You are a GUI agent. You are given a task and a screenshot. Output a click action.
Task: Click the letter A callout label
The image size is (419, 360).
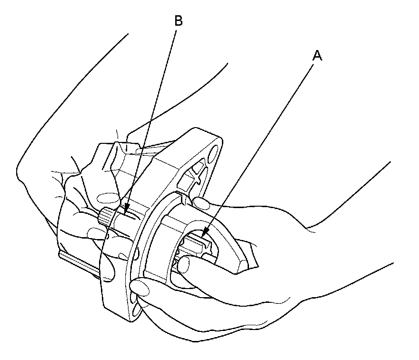317,56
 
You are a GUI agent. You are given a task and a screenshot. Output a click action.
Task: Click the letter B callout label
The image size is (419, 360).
178,20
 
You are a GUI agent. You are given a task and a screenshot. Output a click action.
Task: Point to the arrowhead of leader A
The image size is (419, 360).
204,234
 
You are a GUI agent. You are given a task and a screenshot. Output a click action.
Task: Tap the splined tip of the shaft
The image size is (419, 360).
106,218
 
